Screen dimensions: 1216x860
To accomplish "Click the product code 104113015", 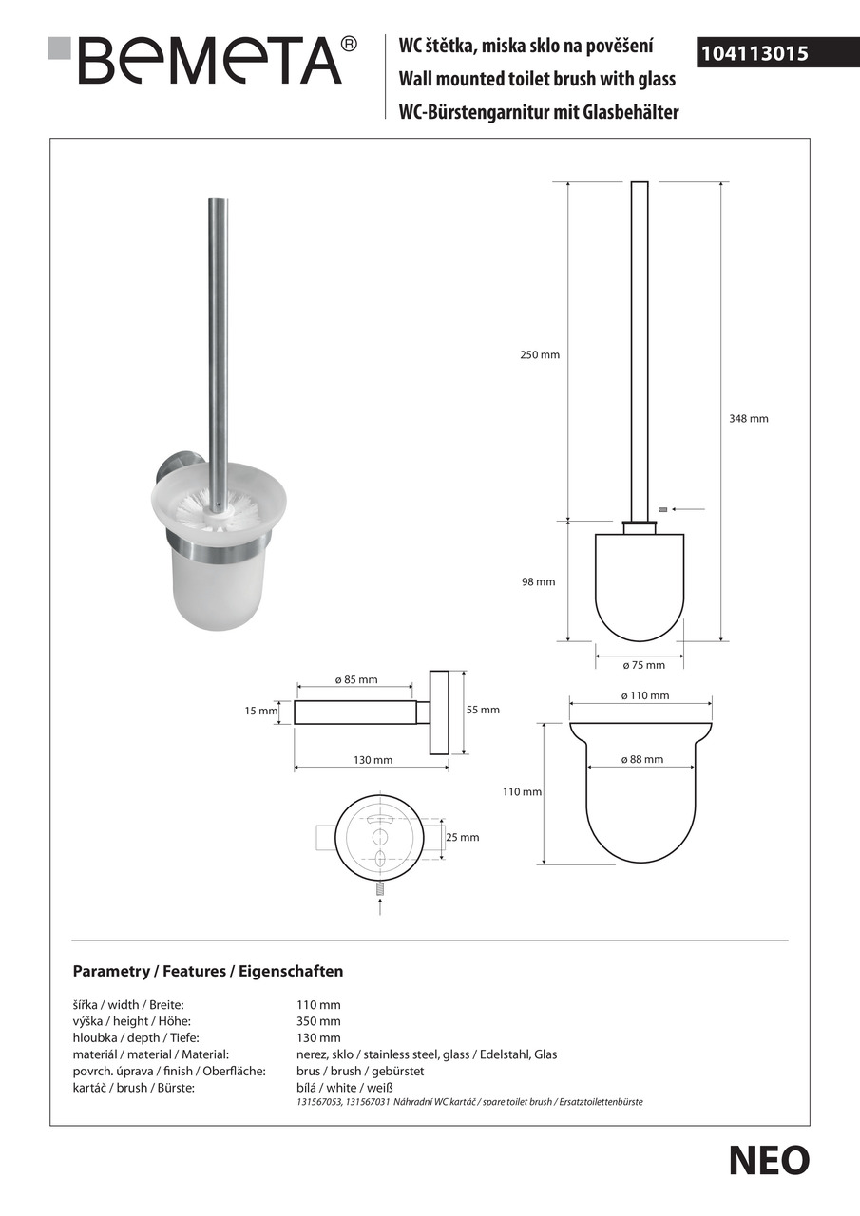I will click(754, 54).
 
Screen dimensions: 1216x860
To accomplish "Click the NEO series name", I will click(769, 1161).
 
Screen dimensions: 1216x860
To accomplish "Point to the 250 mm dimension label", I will click(541, 354).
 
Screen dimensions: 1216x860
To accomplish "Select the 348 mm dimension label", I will click(750, 418).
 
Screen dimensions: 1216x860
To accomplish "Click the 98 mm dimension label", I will click(538, 582).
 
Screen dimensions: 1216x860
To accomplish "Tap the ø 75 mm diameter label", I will click(639, 665).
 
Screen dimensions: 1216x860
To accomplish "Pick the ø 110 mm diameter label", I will click(645, 695).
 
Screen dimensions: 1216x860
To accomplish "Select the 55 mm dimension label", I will click(483, 710).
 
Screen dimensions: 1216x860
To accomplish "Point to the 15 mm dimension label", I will click(262, 711).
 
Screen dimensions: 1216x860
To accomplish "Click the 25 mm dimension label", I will click(463, 837).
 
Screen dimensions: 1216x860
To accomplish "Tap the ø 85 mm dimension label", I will click(356, 679).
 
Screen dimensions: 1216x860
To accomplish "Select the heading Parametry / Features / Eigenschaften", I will click(208, 971).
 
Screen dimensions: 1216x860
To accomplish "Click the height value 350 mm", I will click(318, 1021).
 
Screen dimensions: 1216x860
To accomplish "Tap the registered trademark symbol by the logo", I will click(349, 44).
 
